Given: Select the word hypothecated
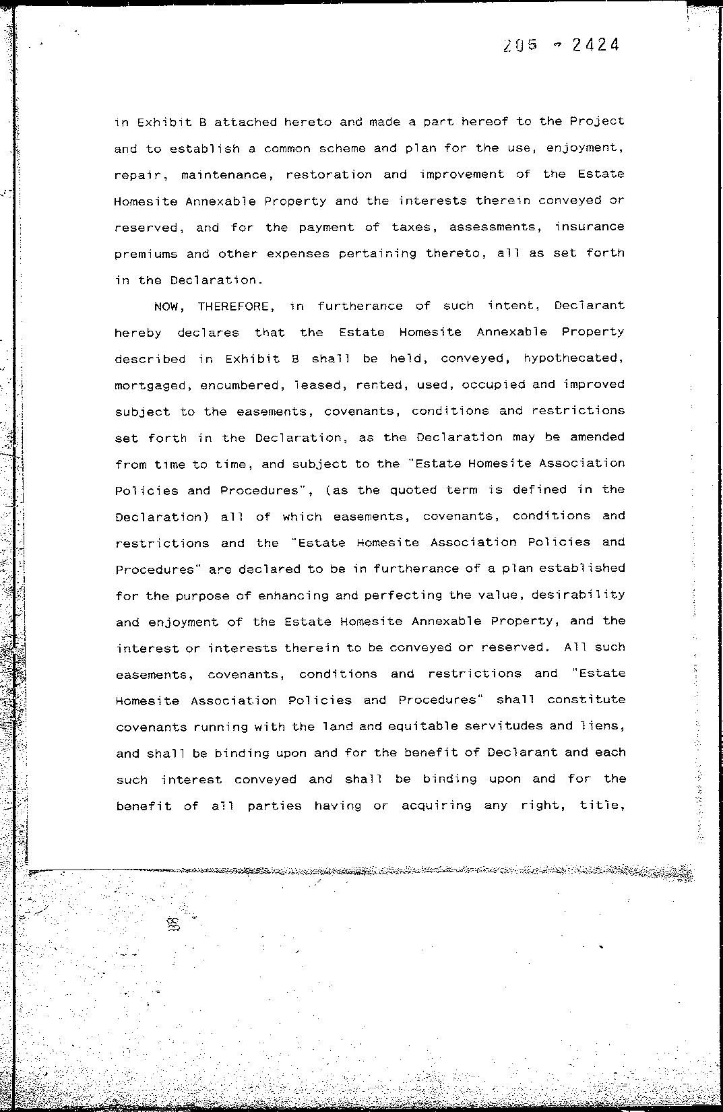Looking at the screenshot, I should tap(573, 359).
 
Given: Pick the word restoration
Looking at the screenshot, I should tap(329, 174).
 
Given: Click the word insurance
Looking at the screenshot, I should tap(589, 227).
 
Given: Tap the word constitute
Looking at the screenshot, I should tap(586, 700).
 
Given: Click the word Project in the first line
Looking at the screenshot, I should tap(596, 122).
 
